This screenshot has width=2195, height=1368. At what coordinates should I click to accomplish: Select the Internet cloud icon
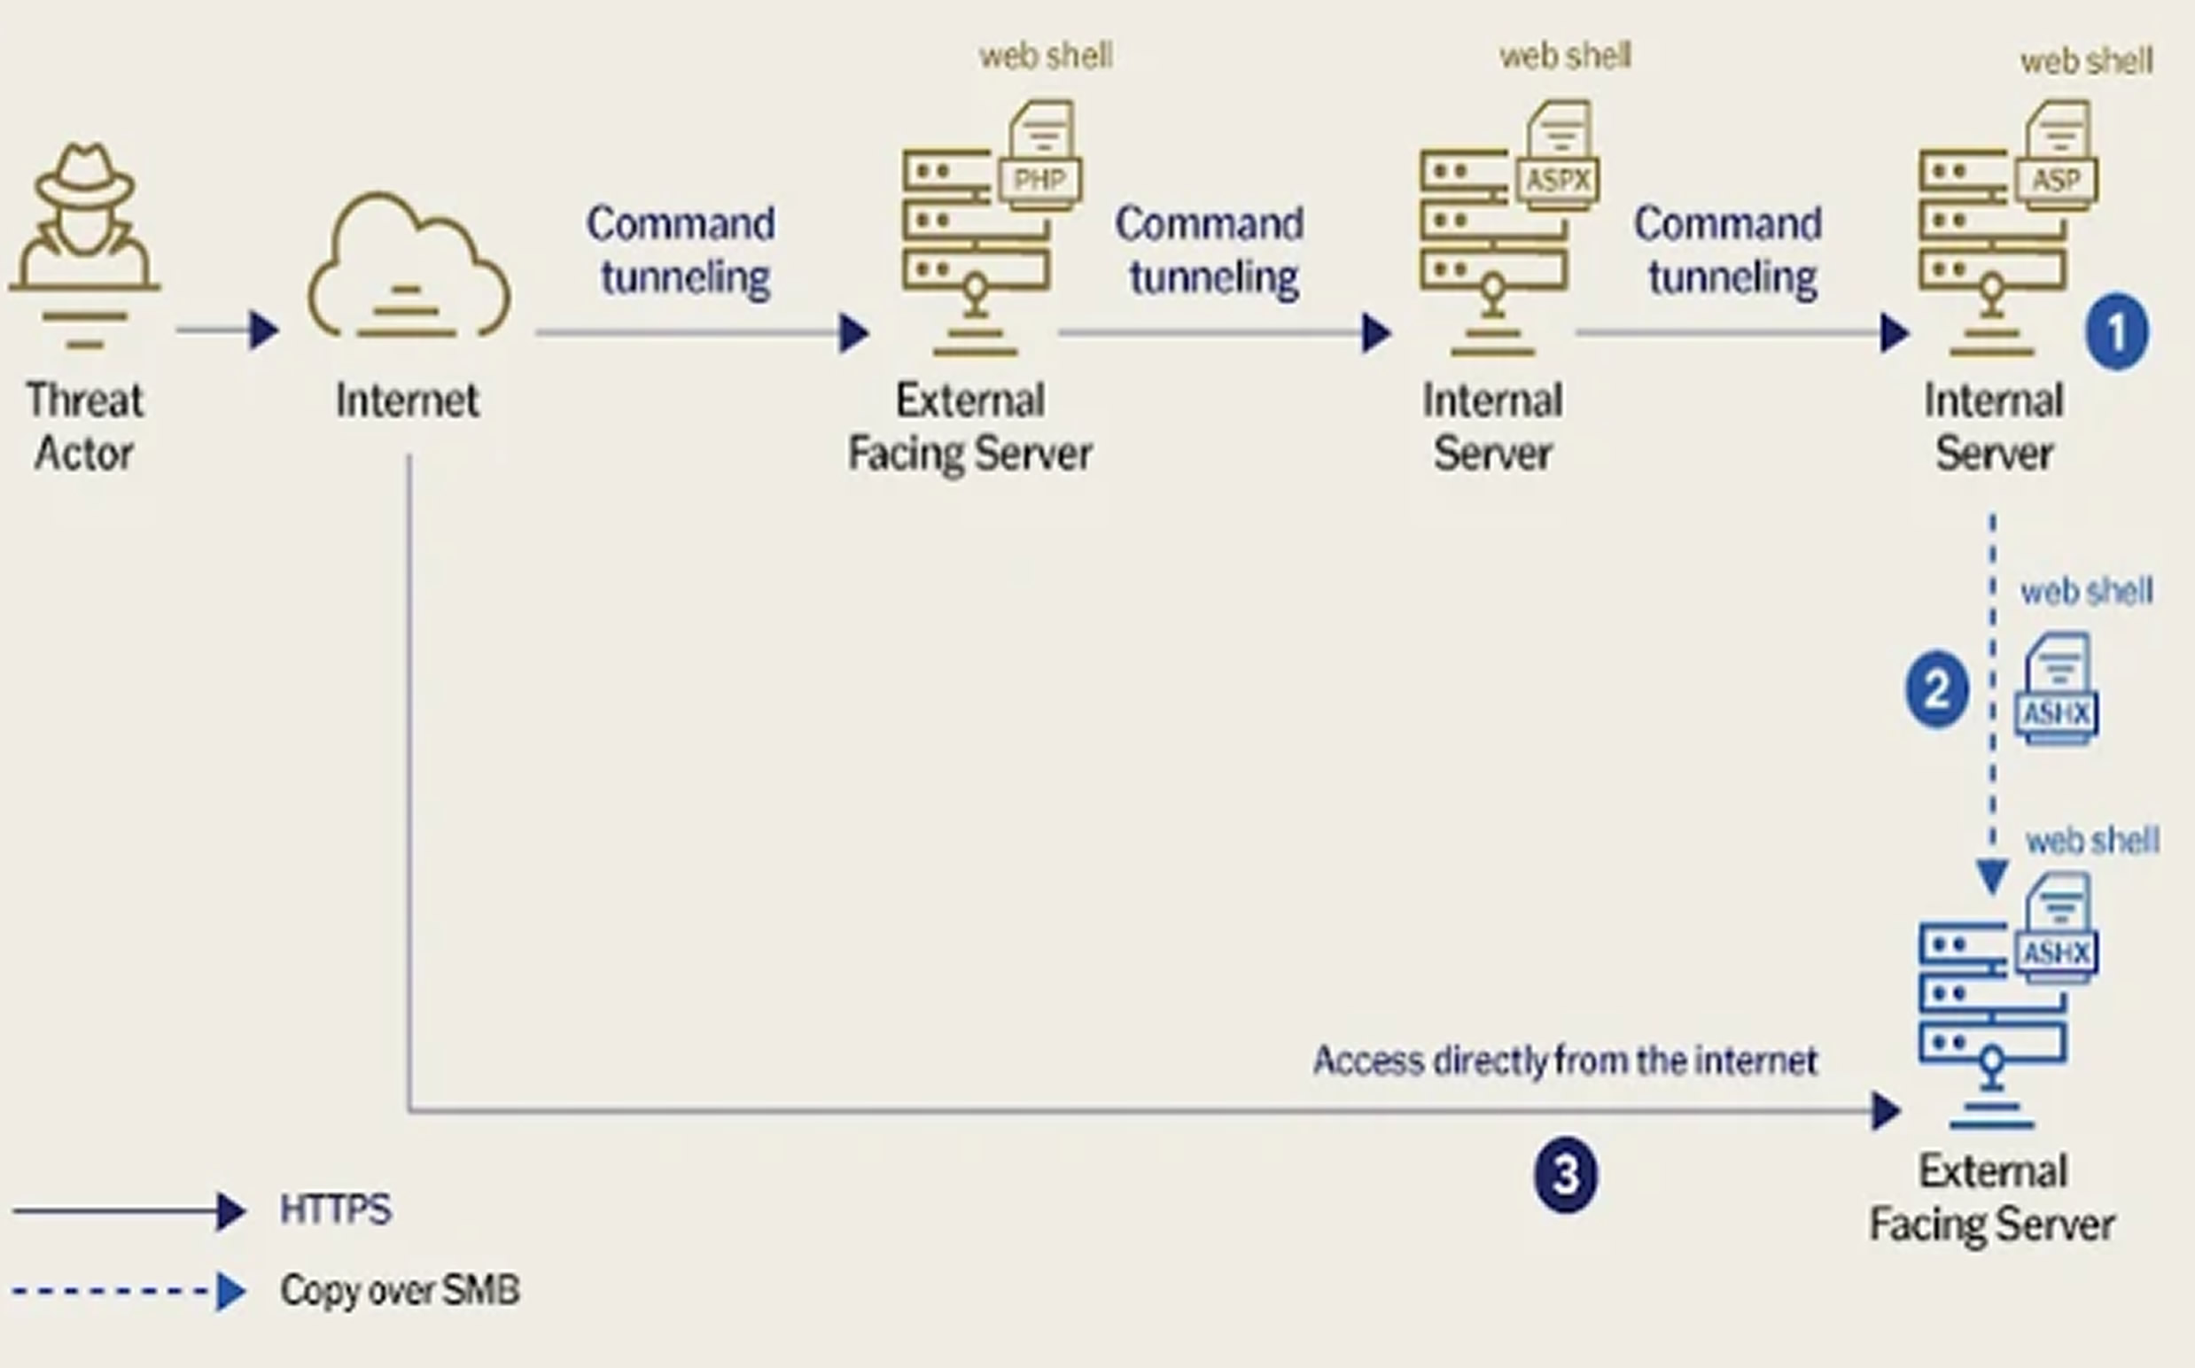[x=409, y=266]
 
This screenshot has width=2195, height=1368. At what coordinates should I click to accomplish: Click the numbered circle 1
[x=2117, y=332]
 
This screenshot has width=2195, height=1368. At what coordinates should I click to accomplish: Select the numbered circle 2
[x=1936, y=689]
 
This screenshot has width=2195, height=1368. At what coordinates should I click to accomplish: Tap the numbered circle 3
[x=1565, y=1174]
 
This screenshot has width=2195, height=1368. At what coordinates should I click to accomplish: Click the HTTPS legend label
[x=336, y=1209]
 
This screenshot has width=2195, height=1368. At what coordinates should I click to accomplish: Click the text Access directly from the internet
[x=1565, y=1061]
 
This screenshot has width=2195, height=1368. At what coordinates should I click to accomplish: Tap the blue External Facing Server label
[x=1992, y=1198]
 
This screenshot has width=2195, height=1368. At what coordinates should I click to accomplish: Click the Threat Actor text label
[x=84, y=426]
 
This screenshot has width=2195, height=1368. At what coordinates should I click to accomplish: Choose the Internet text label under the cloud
[x=407, y=400]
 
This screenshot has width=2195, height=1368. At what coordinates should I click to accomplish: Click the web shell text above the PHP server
[x=1046, y=56]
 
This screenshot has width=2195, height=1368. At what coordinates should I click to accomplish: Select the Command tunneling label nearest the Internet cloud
[x=681, y=250]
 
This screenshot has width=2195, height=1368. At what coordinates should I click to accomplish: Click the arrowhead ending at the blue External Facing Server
[x=1886, y=1111]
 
